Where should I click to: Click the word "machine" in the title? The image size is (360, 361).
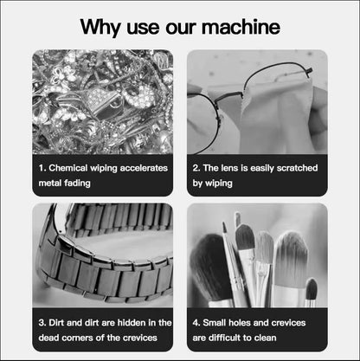click(241, 27)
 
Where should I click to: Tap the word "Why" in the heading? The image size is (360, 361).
click(100, 28)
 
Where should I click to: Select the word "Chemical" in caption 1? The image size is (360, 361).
click(68, 168)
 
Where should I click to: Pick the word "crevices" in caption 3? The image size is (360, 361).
click(140, 338)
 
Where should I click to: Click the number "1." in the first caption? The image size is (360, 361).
click(42, 168)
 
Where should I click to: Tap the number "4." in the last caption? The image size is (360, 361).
click(196, 323)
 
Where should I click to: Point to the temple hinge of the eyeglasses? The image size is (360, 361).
click(310, 72)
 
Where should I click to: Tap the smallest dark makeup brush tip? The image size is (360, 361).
click(311, 288)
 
